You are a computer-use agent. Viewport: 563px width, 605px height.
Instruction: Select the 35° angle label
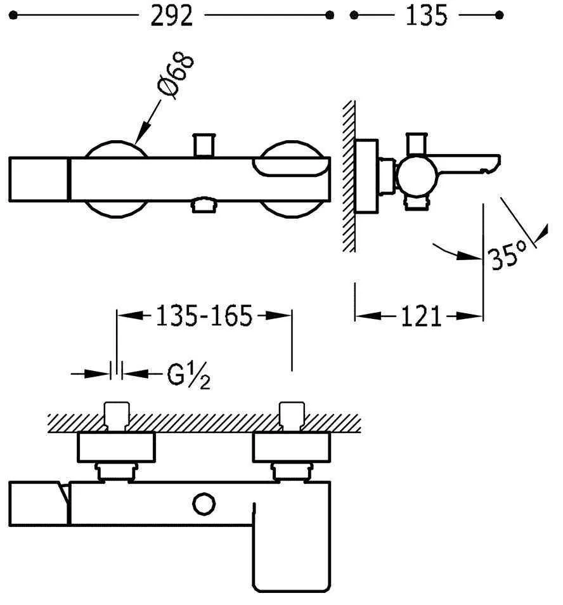pos(507,255)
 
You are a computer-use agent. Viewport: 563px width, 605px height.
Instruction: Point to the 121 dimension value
pos(421,316)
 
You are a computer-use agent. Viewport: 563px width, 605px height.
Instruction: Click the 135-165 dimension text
pos(204,316)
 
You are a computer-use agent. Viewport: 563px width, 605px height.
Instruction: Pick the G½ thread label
pos(188,375)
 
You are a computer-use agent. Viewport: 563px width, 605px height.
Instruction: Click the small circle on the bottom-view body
pos(204,504)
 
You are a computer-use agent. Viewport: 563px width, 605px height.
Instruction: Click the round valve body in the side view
pos(417,176)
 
